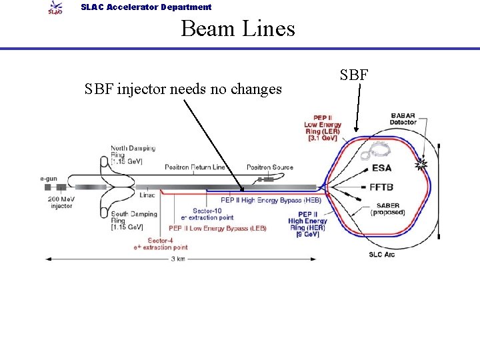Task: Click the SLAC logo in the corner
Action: (55, 8)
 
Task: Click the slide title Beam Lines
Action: (237, 29)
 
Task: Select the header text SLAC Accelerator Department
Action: (146, 7)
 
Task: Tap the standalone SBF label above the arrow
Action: (354, 75)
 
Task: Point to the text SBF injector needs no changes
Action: (183, 89)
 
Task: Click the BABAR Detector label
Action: (403, 119)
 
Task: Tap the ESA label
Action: (381, 167)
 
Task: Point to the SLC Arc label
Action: (381, 254)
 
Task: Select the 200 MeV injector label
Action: (61, 203)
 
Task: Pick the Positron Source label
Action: (269, 167)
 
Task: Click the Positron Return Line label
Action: (195, 167)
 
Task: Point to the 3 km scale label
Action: (178, 259)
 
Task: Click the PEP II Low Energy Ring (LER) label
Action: (323, 128)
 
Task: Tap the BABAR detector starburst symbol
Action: (421, 163)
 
